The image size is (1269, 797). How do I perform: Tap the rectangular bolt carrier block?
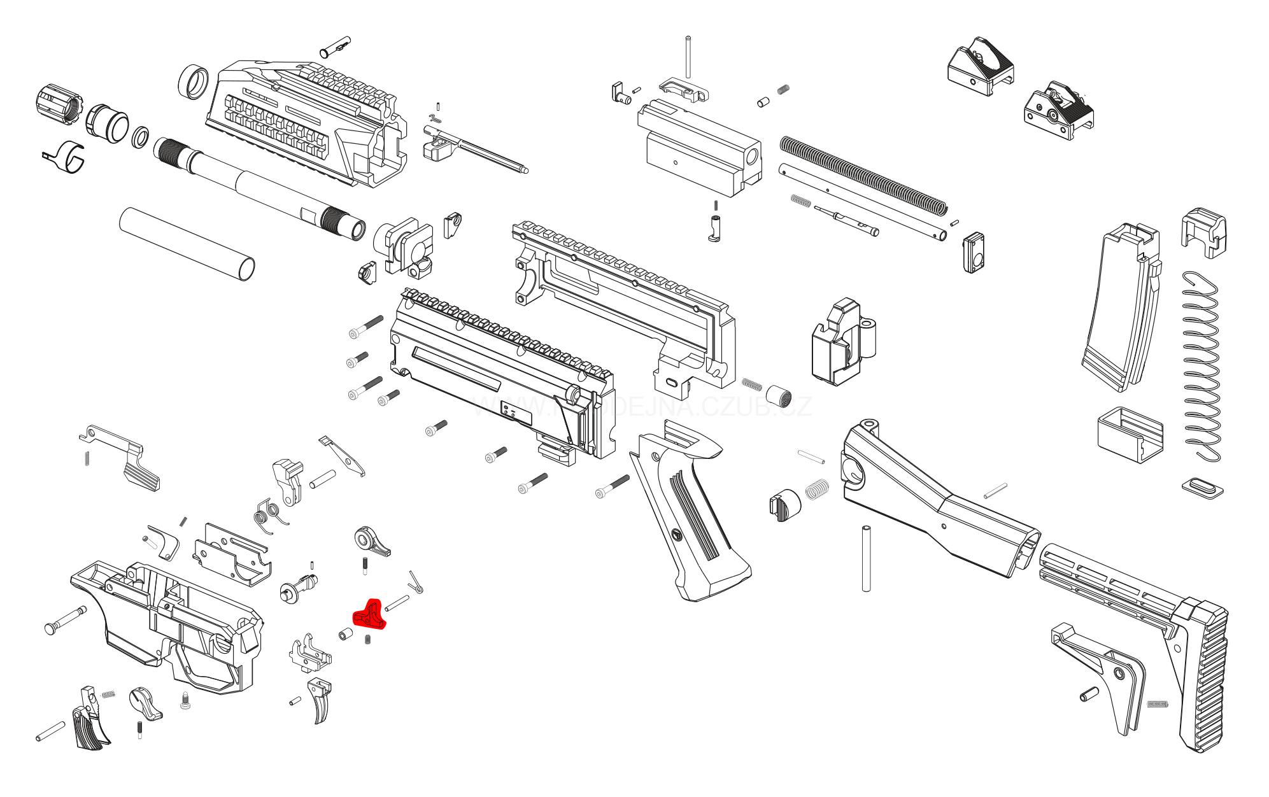coord(700,150)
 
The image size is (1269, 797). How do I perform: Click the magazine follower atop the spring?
coord(1203,232)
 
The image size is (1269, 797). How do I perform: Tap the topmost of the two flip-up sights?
coord(981,67)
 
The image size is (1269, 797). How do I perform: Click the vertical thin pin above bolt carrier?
coord(688,57)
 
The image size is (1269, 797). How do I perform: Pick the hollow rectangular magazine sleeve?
coord(1130,434)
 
